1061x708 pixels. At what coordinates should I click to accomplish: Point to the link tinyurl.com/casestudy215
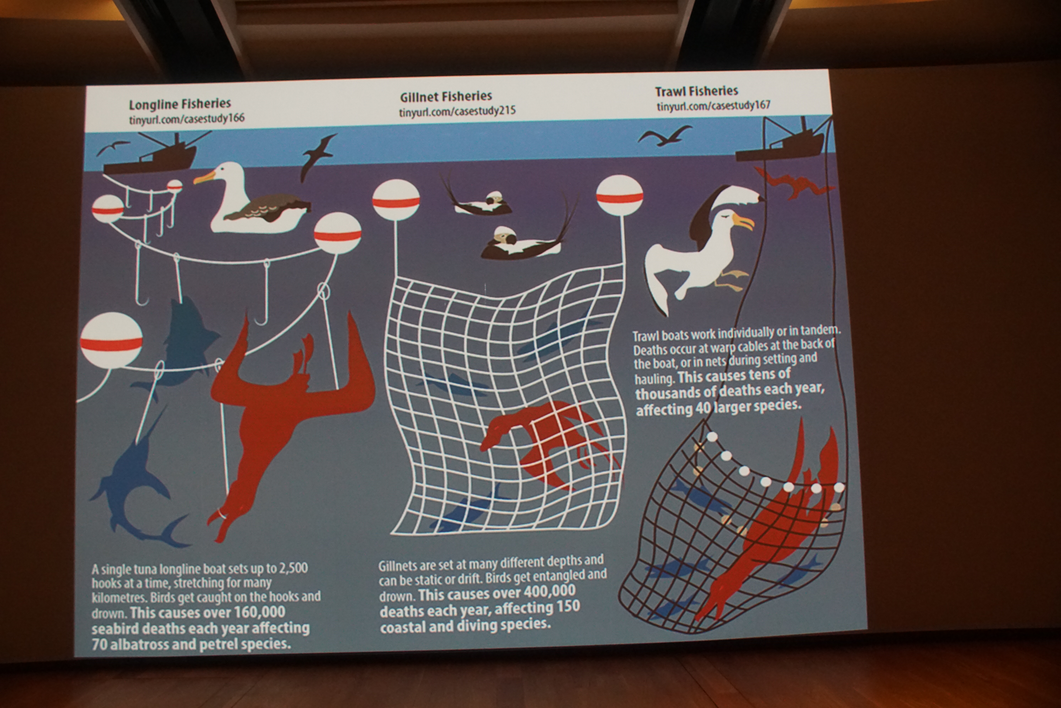coord(457,111)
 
